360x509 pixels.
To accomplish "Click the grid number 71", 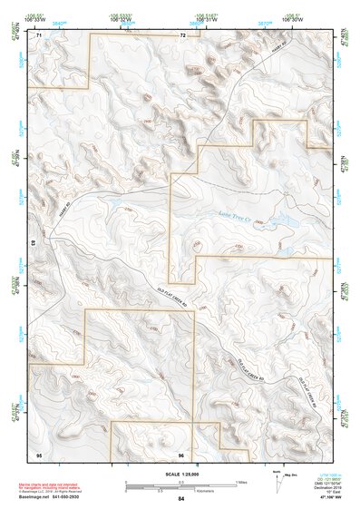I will click(39, 35).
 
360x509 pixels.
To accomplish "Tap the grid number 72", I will click(182, 35).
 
